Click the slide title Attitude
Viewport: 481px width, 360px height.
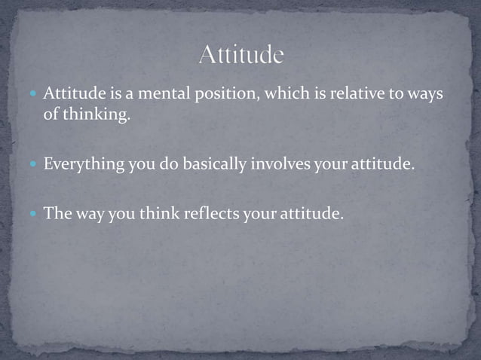click(x=241, y=55)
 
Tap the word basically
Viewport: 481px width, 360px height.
click(x=209, y=163)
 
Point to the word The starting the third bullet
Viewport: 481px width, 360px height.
click(x=57, y=214)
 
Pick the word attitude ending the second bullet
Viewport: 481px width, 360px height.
click(x=384, y=163)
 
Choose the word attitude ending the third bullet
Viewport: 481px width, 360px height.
click(x=312, y=214)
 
